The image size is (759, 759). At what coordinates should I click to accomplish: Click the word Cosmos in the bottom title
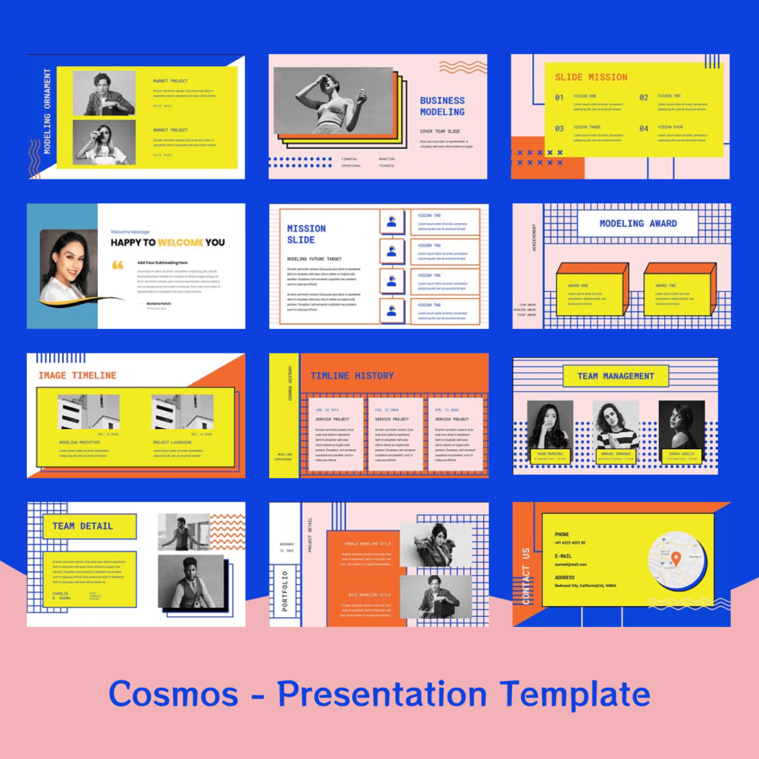pyautogui.click(x=173, y=695)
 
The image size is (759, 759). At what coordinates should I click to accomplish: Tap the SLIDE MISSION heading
pyautogui.click(x=591, y=77)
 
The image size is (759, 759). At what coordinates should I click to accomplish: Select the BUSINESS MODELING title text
pyautogui.click(x=443, y=106)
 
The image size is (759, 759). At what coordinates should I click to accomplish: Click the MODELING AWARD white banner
pyautogui.click(x=637, y=223)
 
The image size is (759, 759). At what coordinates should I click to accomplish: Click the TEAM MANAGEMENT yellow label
pyautogui.click(x=616, y=376)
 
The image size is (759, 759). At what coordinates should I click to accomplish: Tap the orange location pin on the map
pyautogui.click(x=676, y=558)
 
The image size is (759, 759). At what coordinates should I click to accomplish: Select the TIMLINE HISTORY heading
pyautogui.click(x=352, y=376)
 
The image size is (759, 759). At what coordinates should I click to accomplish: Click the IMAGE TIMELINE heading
pyautogui.click(x=77, y=376)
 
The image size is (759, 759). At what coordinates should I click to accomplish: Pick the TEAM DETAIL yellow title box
pyautogui.click(x=83, y=526)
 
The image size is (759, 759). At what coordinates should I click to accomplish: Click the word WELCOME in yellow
pyautogui.click(x=181, y=242)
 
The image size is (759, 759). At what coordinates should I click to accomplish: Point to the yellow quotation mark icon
pyautogui.click(x=117, y=265)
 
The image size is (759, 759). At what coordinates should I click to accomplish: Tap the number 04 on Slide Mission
pyautogui.click(x=643, y=128)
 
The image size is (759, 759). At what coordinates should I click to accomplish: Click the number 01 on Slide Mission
pyautogui.click(x=559, y=97)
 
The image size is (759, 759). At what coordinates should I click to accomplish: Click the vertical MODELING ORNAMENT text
pyautogui.click(x=47, y=111)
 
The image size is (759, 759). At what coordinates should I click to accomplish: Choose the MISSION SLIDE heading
pyautogui.click(x=306, y=234)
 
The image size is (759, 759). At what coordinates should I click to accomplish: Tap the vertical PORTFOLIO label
pyautogui.click(x=285, y=590)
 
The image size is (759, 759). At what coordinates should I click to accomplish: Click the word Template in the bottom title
pyautogui.click(x=574, y=695)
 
